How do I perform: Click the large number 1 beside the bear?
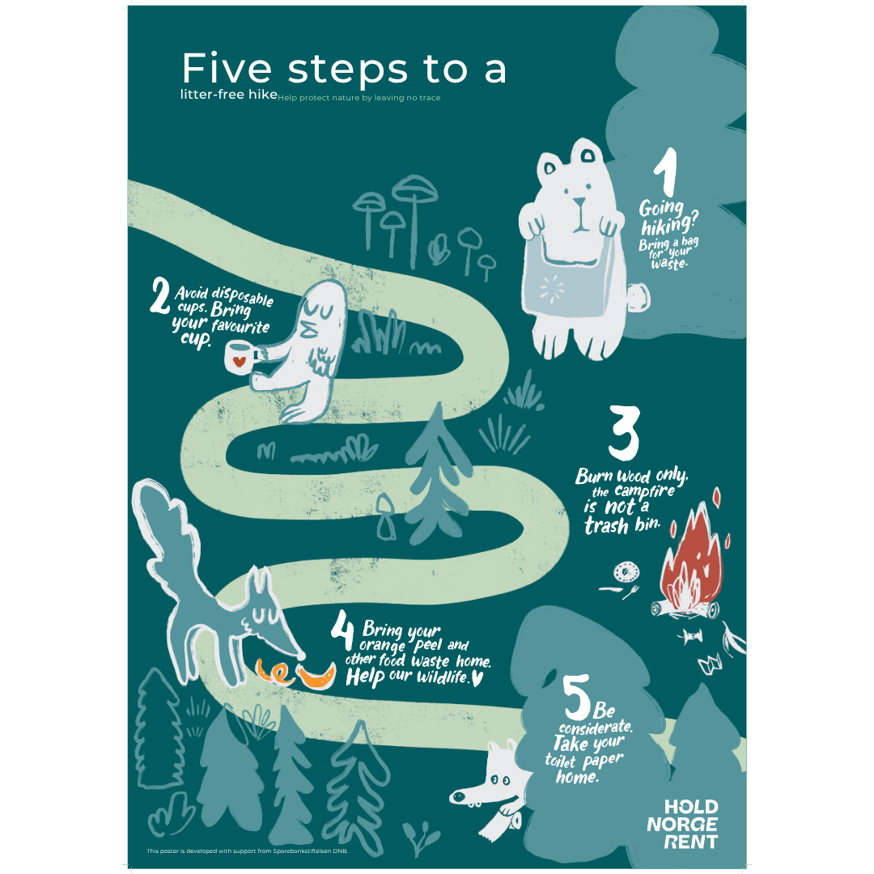click(667, 171)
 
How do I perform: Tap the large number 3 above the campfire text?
click(624, 432)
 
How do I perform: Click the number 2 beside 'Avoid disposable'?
click(160, 296)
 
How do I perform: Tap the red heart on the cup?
click(239, 361)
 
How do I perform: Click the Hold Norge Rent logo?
click(683, 824)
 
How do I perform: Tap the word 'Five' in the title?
click(227, 69)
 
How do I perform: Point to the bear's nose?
click(580, 202)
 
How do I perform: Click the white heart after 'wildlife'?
click(477, 678)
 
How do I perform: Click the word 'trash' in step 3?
click(606, 525)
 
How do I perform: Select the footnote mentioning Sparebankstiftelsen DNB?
click(248, 851)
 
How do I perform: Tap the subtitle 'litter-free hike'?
click(228, 94)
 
